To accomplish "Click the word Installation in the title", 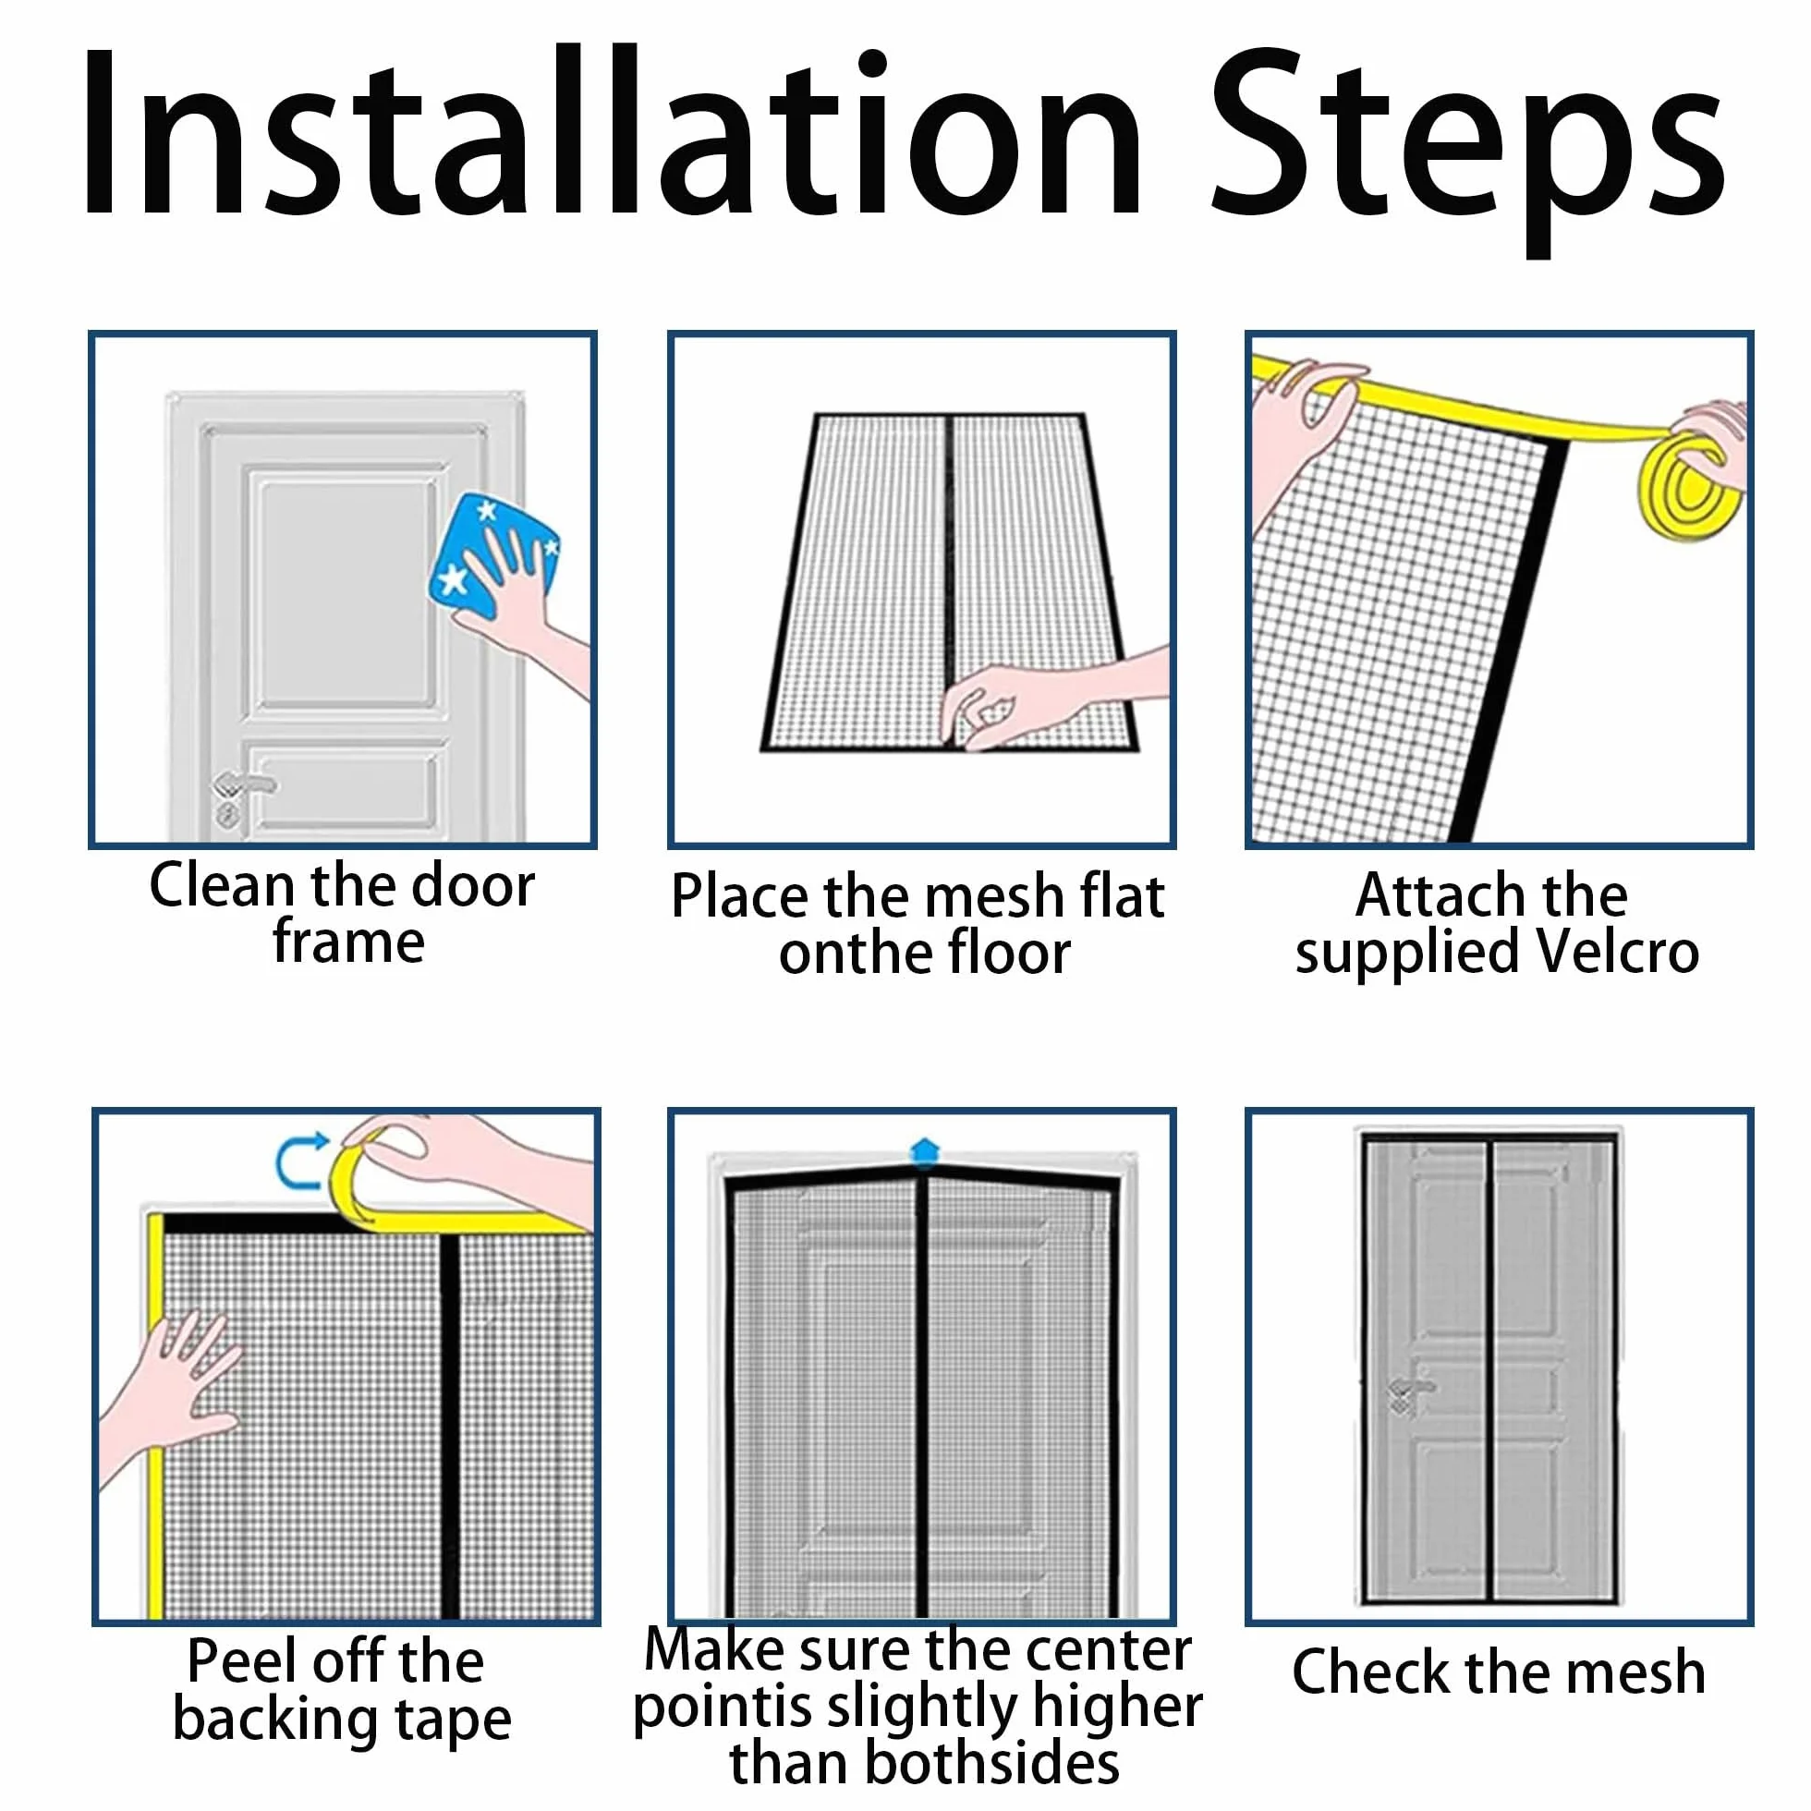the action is point(613,132).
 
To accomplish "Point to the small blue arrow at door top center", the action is point(925,1150).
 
